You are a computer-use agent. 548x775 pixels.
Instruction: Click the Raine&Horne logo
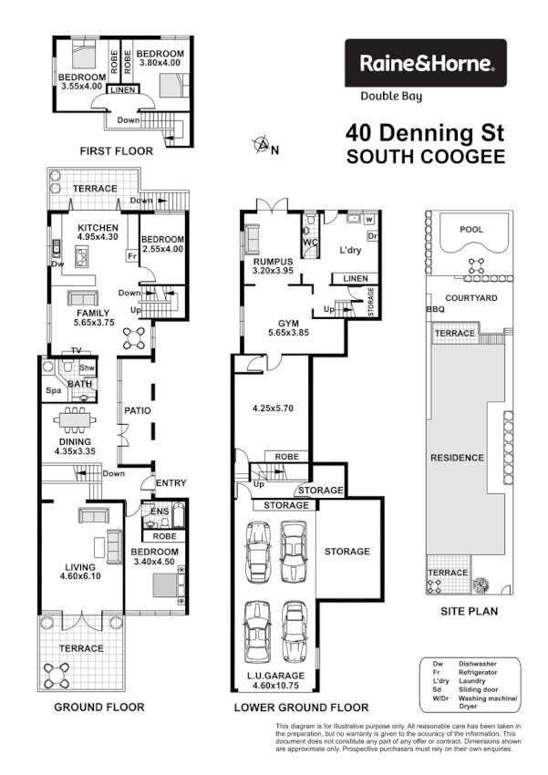(424, 63)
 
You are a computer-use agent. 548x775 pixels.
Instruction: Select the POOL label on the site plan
(471, 230)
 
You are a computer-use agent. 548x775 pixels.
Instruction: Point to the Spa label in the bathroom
(52, 390)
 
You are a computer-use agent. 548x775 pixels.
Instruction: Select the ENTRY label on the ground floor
(170, 483)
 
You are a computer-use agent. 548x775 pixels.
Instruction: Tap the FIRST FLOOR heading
(116, 151)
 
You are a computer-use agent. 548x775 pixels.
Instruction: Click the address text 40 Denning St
(424, 133)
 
